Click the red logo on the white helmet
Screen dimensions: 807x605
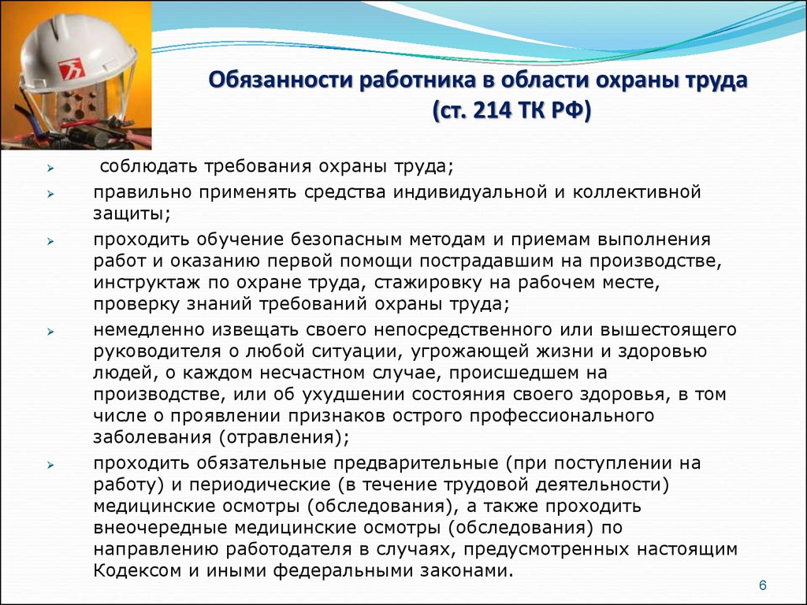tap(72, 69)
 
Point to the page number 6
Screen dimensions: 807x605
tap(762, 585)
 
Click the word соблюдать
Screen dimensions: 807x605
tap(148, 167)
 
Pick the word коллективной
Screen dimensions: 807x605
tap(637, 192)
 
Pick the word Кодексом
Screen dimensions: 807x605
tap(139, 570)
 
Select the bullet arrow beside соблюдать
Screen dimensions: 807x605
tap(50, 168)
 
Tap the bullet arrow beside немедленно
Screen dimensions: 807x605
tap(50, 332)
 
